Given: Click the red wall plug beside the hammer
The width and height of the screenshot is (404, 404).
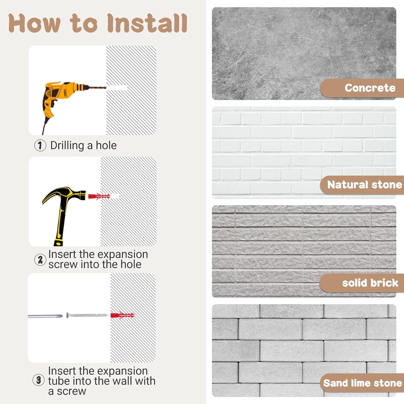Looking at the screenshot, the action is coord(99,196).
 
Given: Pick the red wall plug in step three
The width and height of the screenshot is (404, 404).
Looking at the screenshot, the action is coord(123,315).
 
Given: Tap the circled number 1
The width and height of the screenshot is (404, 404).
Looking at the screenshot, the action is coord(40,145).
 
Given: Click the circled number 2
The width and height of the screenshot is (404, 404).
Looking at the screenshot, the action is coord(40,260).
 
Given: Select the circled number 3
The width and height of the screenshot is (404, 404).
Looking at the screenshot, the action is coord(39,380).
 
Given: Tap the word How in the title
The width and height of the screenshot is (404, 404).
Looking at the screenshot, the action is coord(34,23).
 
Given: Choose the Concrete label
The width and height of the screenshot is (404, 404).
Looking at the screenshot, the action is coord(370,88).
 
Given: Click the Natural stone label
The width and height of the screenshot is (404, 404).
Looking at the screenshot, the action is coord(365,185).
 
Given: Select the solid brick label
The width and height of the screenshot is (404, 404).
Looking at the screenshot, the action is coord(370,283).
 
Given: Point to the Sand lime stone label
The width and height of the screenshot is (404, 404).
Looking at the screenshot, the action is coord(363,383).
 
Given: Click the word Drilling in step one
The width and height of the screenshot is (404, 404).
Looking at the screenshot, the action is coord(67,146).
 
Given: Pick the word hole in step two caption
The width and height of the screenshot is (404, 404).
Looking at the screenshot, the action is coord(131,264).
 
